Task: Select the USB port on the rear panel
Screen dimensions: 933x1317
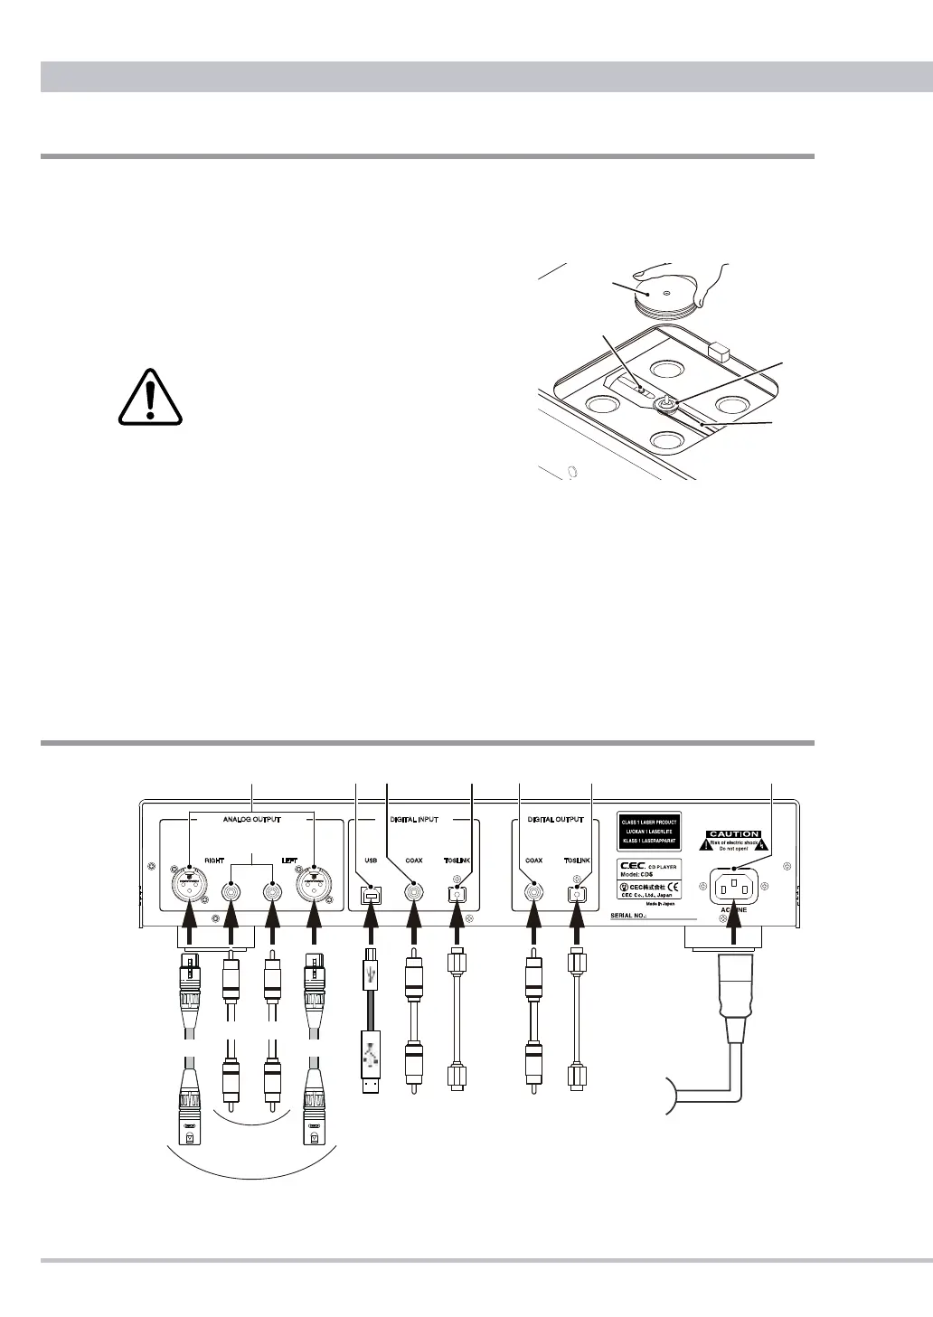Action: pos(371,895)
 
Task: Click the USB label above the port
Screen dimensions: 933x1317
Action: pos(371,861)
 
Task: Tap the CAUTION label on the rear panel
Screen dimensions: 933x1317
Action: pos(733,834)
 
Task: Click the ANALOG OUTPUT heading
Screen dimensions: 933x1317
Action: pos(252,821)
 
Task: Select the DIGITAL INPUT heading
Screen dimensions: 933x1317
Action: pos(414,821)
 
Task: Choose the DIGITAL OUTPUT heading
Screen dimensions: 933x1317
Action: pos(559,821)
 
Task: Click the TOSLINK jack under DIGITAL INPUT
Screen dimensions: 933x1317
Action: pos(457,895)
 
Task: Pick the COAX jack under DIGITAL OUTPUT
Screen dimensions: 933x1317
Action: pos(534,895)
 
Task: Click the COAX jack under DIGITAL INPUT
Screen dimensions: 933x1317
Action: pos(414,895)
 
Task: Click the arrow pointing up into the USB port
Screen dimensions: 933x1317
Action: pos(371,927)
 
